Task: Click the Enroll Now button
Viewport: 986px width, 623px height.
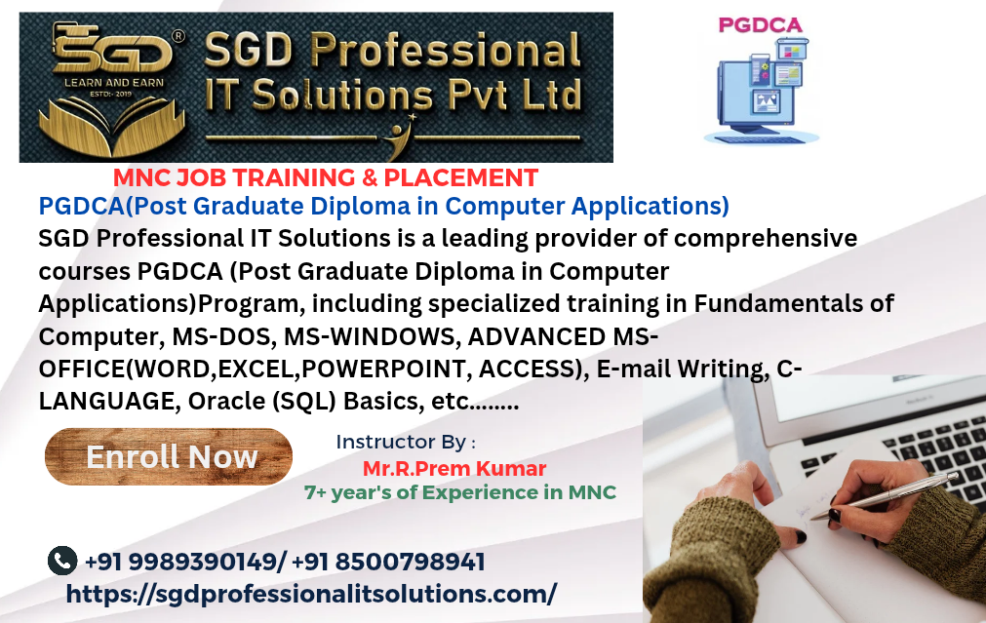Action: pos(169,456)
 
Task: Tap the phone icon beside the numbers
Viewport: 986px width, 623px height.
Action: pos(62,561)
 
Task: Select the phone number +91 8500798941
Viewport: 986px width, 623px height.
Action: pos(388,562)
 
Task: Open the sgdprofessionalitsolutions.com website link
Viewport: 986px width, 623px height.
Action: pos(311,594)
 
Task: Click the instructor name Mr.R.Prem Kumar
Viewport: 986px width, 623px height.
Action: pos(454,468)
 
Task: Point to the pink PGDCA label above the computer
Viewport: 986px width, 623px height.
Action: pos(761,25)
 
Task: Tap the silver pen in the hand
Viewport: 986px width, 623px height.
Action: pos(885,495)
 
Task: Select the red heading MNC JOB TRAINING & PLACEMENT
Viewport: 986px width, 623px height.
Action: pos(326,177)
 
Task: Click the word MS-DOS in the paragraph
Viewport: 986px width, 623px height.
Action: pos(224,336)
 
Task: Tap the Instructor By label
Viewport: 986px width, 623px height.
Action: pos(406,442)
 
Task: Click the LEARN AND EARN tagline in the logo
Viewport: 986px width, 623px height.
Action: pos(114,82)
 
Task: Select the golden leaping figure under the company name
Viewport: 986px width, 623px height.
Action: pos(398,137)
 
